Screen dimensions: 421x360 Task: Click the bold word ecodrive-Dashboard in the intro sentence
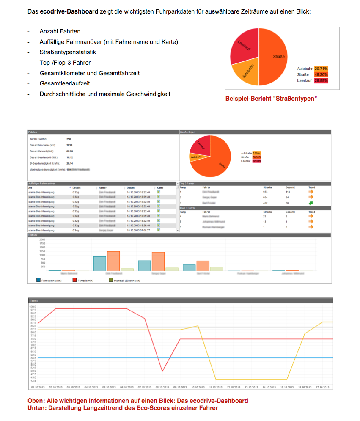[69, 11]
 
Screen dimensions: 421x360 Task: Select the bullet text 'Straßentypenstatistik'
[68, 52]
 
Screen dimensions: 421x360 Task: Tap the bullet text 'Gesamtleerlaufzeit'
[65, 84]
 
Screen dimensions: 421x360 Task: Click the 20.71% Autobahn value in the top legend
[321, 69]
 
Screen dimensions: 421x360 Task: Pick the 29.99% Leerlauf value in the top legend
[321, 81]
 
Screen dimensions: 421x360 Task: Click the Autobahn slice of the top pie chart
[246, 72]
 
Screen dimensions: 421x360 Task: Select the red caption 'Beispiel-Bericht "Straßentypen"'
[271, 99]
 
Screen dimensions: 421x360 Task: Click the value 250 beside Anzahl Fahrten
[69, 139]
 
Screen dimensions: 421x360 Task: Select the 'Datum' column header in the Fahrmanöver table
[131, 187]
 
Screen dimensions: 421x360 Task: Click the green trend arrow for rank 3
[311, 203]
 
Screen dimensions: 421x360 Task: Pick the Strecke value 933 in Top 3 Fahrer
[265, 192]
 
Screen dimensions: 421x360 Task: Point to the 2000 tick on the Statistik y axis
[42, 239]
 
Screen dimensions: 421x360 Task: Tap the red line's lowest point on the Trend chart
[162, 371]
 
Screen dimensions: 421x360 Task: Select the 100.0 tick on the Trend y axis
[33, 307]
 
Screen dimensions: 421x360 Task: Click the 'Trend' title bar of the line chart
[34, 300]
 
